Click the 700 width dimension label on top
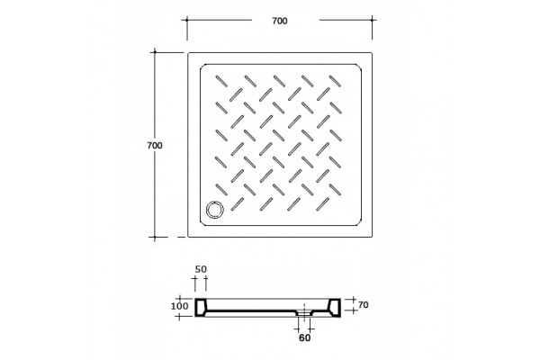pos(280,21)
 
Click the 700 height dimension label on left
pos(155,146)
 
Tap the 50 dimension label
pos(201,269)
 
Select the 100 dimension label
pos(180,306)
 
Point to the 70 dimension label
pos(364,305)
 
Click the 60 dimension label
pos(304,338)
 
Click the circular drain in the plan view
pos(214,210)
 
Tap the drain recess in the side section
pos(304,312)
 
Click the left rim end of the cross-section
pos(201,307)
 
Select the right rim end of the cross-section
pos(335,307)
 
